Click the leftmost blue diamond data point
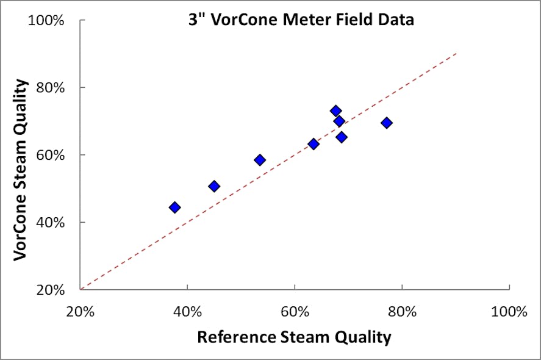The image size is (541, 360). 174,207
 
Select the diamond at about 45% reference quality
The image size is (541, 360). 214,186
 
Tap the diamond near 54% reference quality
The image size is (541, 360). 260,160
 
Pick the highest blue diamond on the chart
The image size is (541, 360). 335,111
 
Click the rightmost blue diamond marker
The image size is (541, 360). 386,123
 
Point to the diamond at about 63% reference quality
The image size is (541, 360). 313,144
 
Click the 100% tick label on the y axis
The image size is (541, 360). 46,21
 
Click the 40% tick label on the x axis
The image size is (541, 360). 187,312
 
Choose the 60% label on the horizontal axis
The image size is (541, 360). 295,312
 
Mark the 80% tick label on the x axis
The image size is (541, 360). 402,312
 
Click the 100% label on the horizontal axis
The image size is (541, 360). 509,312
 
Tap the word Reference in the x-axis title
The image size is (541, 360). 236,337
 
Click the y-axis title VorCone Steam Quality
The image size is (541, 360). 22,170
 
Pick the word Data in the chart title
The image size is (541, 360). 398,20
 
